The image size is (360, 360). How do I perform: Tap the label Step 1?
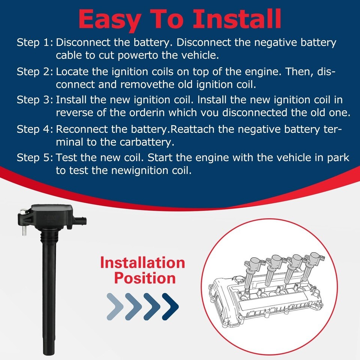pyautogui.click(x=35, y=43)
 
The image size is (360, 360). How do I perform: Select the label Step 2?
pyautogui.click(x=35, y=72)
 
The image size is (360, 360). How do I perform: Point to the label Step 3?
pyautogui.click(x=35, y=100)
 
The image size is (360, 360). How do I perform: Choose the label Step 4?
pyautogui.click(x=35, y=129)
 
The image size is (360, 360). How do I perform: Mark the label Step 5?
pyautogui.click(x=35, y=158)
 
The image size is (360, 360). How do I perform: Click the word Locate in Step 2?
pyautogui.click(x=72, y=72)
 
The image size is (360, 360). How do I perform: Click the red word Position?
pyautogui.click(x=145, y=278)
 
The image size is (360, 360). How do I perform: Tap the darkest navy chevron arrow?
pyautogui.click(x=170, y=306)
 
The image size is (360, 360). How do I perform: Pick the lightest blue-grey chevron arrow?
pyautogui.click(x=115, y=306)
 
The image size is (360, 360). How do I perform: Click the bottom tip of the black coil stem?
pyautogui.click(x=49, y=354)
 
